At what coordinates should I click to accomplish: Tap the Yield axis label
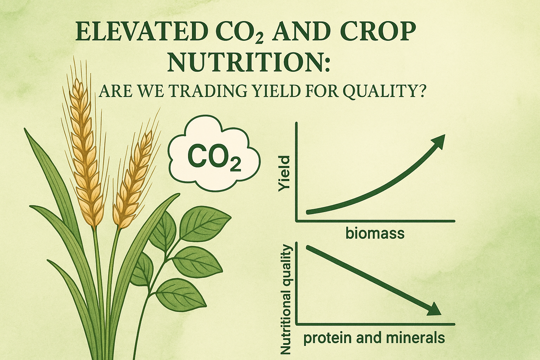click(x=284, y=174)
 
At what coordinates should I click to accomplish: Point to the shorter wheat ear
click(x=131, y=180)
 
